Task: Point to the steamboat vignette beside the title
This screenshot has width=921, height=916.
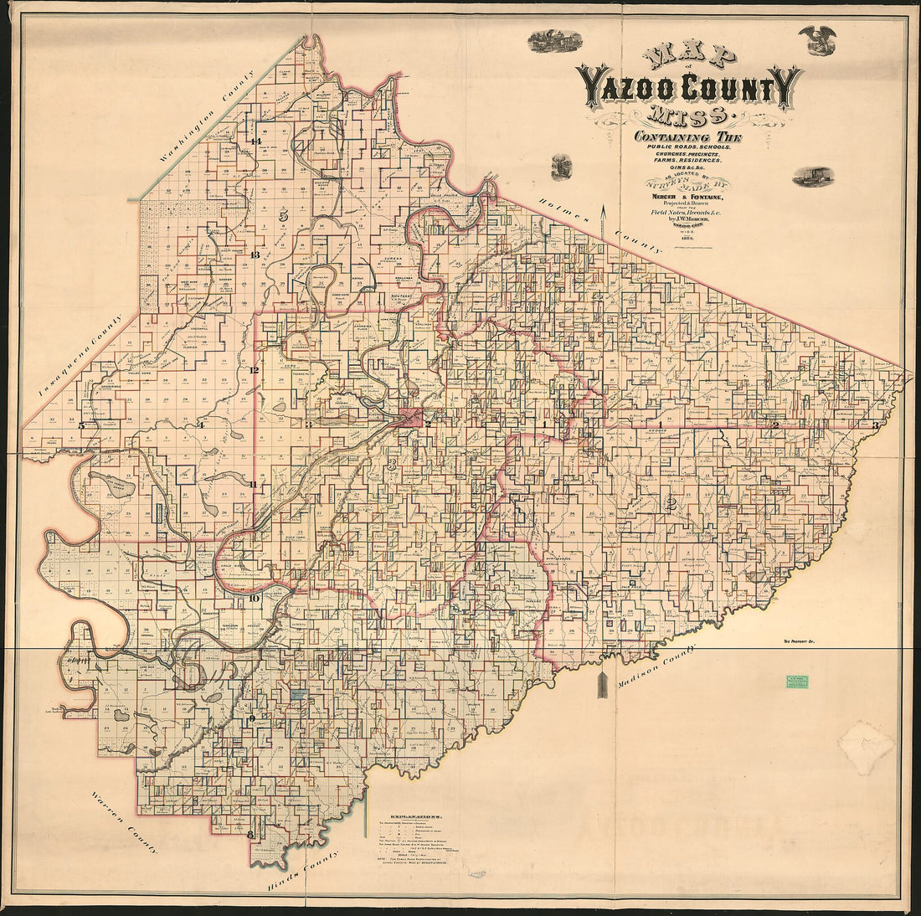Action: click(x=813, y=176)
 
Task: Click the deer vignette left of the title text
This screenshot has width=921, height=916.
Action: click(x=562, y=165)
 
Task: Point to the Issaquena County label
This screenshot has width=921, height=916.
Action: click(x=81, y=356)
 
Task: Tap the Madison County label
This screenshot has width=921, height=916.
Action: click(x=655, y=666)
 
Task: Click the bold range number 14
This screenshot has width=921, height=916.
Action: click(x=255, y=142)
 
